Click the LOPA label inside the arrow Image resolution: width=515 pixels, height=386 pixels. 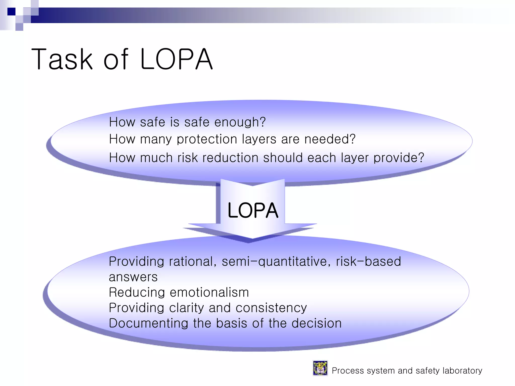(x=253, y=210)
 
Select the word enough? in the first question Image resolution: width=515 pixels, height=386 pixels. (x=240, y=122)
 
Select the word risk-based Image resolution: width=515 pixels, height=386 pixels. (x=368, y=261)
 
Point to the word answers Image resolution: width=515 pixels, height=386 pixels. (x=133, y=277)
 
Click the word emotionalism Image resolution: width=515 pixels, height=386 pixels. (x=209, y=292)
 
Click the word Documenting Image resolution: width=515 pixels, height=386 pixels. (x=148, y=323)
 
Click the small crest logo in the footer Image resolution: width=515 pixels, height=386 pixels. (x=320, y=368)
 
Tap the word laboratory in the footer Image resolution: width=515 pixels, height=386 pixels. (x=462, y=371)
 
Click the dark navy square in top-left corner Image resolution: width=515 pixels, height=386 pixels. (x=11, y=12)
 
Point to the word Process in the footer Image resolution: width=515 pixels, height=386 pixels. (x=348, y=371)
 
